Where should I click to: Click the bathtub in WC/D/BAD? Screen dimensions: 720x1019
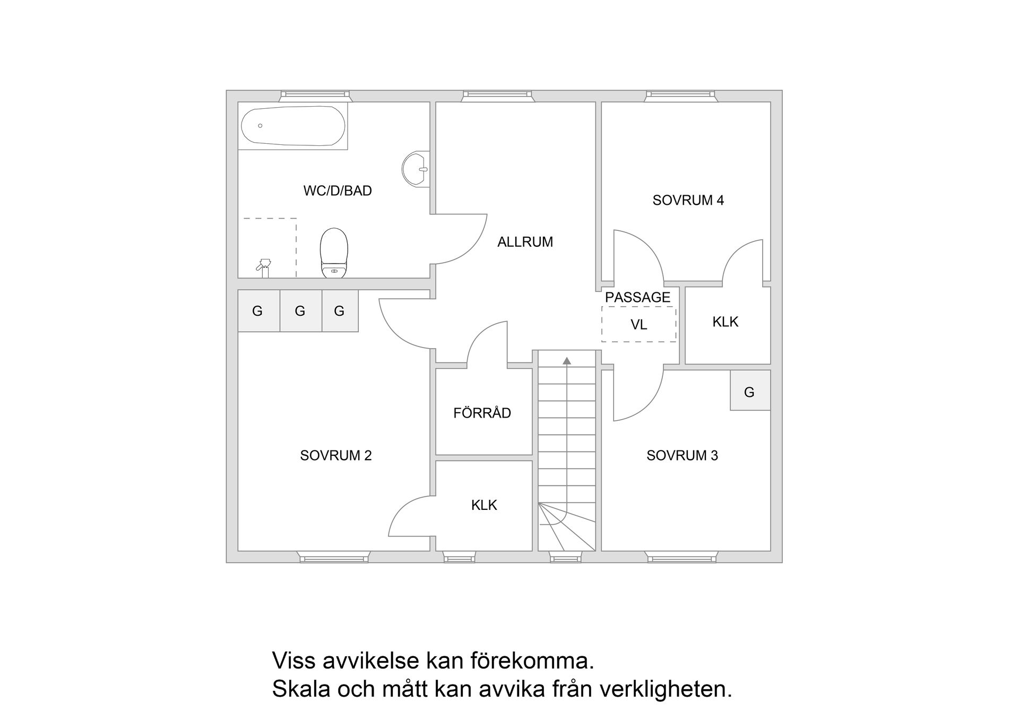coord(293,126)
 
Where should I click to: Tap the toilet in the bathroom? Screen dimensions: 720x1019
coord(334,253)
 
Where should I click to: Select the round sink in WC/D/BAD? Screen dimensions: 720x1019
coord(416,170)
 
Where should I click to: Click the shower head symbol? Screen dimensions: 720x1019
coord(264,266)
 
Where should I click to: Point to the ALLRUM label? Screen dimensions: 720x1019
coord(525,242)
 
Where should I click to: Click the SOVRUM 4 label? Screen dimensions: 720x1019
coord(688,200)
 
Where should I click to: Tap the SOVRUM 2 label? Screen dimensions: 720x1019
coord(335,455)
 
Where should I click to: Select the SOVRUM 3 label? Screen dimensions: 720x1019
coord(682,455)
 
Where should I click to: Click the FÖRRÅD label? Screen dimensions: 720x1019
coord(482,413)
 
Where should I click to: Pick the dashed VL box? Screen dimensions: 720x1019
coord(638,324)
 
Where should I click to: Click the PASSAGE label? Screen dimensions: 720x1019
coord(637,297)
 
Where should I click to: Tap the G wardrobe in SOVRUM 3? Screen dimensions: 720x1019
coord(749,392)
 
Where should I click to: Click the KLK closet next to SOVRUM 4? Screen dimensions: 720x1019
coord(726,322)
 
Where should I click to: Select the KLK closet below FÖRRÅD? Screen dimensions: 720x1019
coord(484,505)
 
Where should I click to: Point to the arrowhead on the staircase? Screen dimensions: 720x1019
coord(567,361)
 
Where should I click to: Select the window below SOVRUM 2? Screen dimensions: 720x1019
coord(334,557)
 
